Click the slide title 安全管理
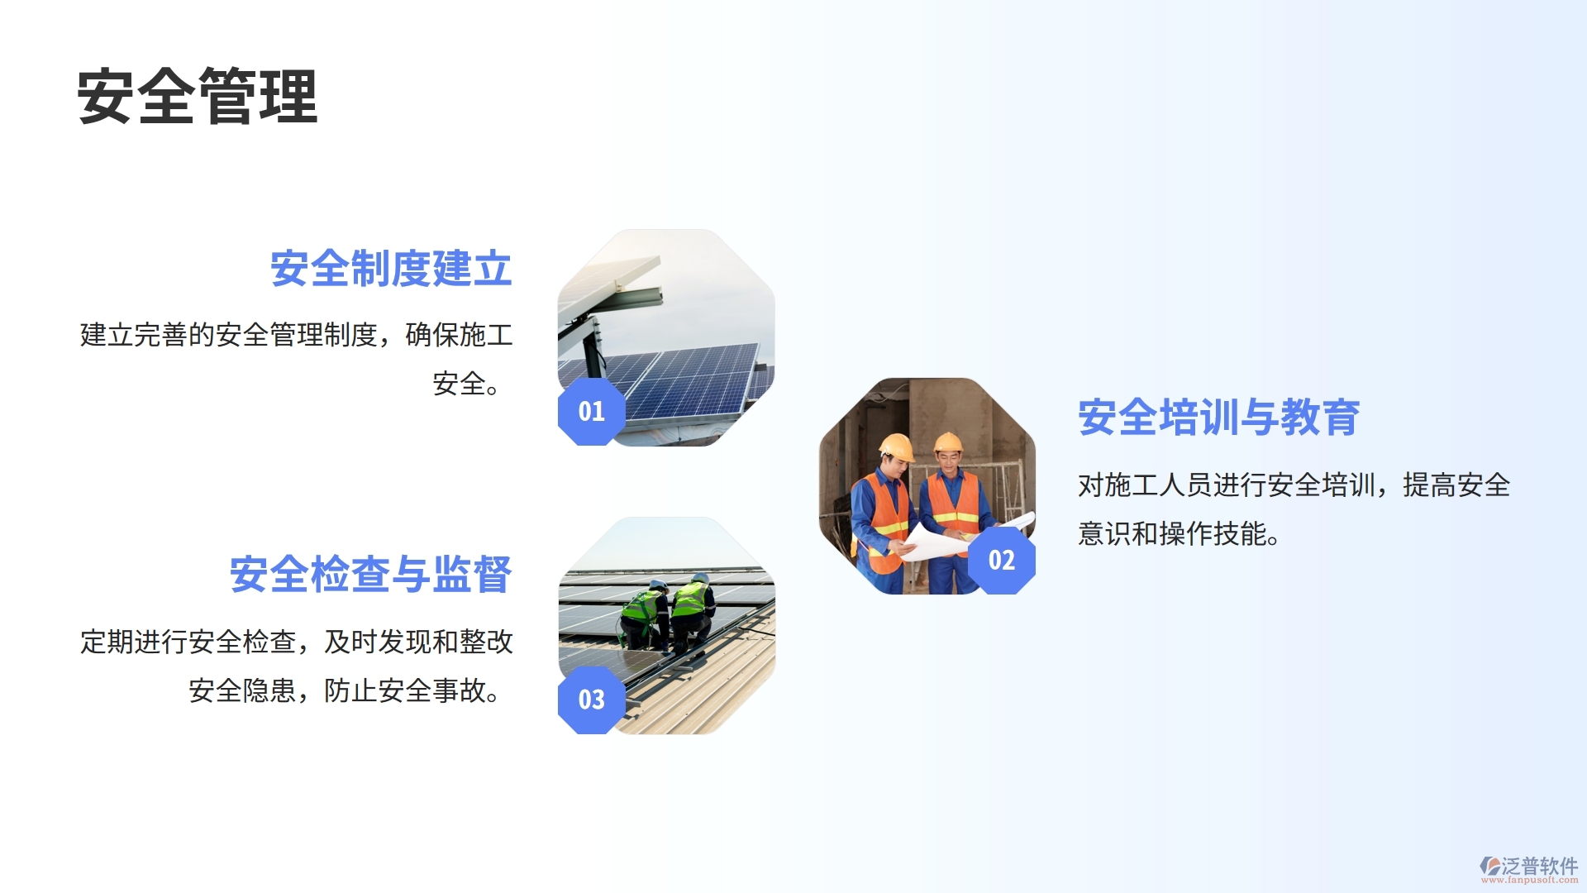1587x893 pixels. pos(197,97)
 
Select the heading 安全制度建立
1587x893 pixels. pos(391,269)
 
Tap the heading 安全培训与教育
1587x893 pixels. pos(1218,417)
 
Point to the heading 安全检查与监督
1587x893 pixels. pos(370,574)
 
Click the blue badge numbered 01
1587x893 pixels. pos(591,411)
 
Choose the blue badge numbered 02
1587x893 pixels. pos(1001,560)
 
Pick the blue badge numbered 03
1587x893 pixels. pos(591,700)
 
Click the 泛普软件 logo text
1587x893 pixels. pos(1539,865)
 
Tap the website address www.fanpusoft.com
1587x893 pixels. pos(1529,880)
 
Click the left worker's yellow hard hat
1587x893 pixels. pos(896,447)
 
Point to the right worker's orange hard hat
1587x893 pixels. pos(948,442)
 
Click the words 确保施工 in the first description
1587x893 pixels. pos(459,335)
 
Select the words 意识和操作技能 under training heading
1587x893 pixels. pos(1172,534)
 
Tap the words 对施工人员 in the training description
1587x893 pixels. pos(1145,485)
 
